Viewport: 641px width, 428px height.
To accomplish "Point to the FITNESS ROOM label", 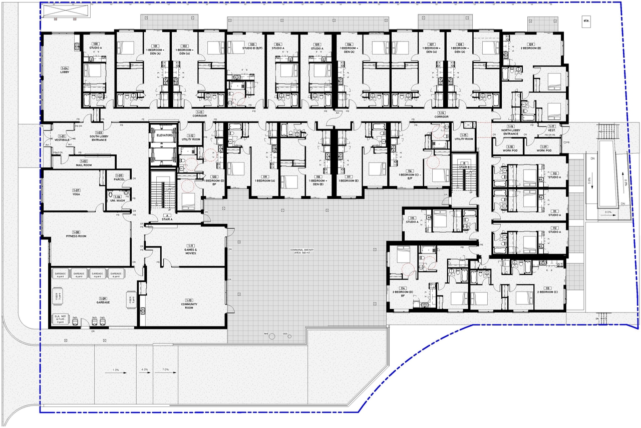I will (76, 235).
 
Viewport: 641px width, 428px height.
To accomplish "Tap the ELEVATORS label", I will (164, 135).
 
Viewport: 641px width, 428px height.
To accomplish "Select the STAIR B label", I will (464, 167).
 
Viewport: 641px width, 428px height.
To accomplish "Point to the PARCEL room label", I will (119, 179).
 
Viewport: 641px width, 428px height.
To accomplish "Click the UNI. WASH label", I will (118, 200).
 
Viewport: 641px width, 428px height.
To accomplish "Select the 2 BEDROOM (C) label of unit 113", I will (547, 291).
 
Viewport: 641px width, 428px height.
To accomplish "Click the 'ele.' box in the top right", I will (586, 21).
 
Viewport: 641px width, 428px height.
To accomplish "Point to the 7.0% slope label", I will (165, 370).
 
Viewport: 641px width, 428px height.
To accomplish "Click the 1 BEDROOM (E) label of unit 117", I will (349, 180).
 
